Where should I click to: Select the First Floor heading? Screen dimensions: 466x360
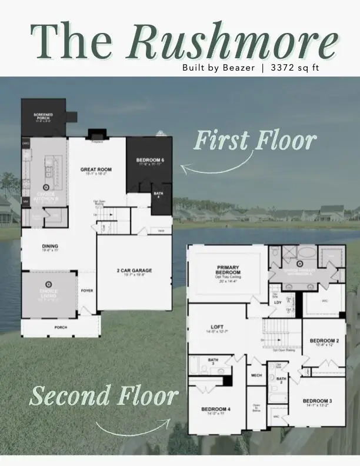click(x=255, y=141)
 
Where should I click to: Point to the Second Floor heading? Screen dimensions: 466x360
click(x=104, y=396)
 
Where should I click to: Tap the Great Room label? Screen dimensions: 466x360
click(x=96, y=169)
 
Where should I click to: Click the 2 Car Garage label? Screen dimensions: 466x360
click(x=134, y=271)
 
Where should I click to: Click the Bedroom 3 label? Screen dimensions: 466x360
click(x=319, y=401)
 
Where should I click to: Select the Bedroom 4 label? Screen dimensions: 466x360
click(x=216, y=409)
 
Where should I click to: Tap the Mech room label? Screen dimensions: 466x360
click(x=256, y=375)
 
